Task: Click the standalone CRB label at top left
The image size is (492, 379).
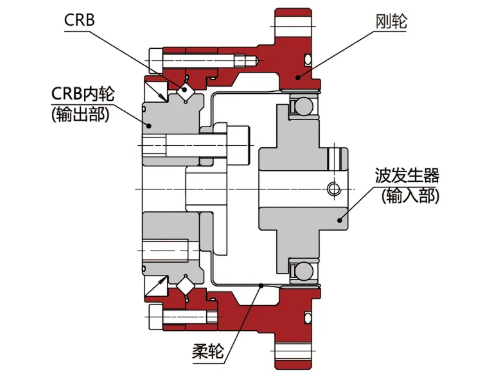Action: pos(80,20)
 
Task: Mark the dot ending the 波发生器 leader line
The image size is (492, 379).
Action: pos(340,220)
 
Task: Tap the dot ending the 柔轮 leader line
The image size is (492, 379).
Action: pos(261,285)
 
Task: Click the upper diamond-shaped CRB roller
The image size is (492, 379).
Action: pos(186,91)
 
